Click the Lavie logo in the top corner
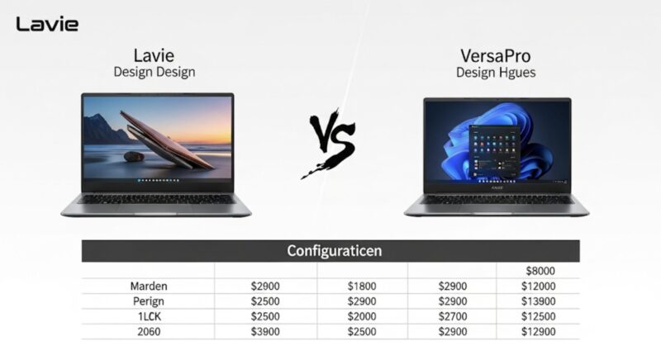47,24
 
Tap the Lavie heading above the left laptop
154,55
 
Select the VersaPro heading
495,56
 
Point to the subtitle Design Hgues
496,73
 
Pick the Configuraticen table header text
335,250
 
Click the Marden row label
149,287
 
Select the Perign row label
149,301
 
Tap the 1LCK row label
150,316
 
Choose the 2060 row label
149,332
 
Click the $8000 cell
540,271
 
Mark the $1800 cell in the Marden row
362,287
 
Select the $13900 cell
539,301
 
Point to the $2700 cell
453,316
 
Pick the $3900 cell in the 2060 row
265,332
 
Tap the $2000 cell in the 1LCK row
362,316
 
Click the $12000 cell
539,287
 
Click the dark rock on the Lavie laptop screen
134,157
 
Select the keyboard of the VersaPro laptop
497,200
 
